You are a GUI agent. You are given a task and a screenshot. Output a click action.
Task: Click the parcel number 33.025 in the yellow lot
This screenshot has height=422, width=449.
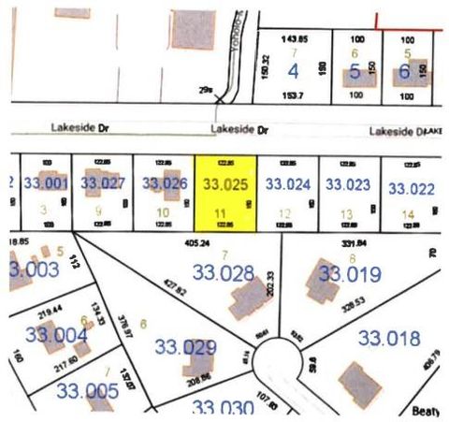coord(225,185)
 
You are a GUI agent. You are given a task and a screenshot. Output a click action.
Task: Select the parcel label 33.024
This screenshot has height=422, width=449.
coord(288,184)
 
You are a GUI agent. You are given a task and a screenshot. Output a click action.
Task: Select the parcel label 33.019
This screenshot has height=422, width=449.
coord(349,274)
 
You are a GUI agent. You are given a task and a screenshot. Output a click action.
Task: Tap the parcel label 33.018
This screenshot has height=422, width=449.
coord(389,338)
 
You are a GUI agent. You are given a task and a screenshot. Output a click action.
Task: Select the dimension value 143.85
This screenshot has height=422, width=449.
coord(295,38)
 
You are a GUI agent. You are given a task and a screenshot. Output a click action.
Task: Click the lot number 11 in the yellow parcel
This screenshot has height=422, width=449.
coord(221,214)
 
